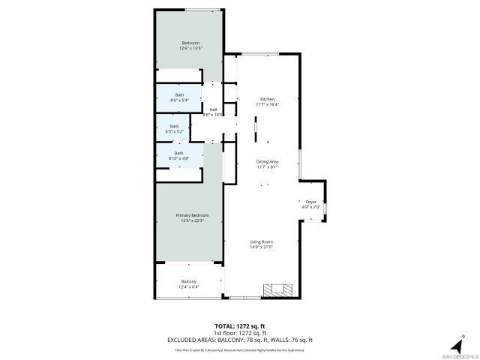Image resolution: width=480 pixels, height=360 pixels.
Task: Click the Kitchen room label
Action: pos(268,99)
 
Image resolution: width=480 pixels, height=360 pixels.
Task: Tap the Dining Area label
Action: pos(268,161)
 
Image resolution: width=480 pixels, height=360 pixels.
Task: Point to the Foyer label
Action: pos(310,202)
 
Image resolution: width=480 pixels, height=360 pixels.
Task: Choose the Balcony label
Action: pos(188,281)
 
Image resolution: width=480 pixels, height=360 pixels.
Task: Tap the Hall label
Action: pos(213,109)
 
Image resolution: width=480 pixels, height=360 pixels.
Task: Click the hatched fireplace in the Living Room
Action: pos(275,290)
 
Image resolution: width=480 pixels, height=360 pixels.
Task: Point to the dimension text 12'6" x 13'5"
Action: pos(189,48)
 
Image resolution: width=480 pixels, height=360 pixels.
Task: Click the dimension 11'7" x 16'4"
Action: pos(268,104)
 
